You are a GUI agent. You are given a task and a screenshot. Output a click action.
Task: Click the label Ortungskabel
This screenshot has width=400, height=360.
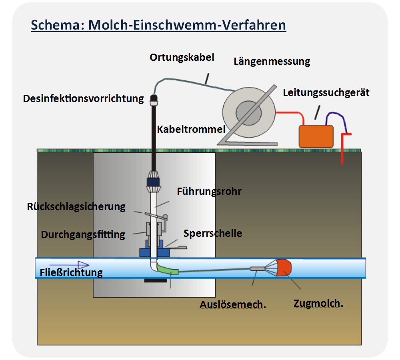(182, 58)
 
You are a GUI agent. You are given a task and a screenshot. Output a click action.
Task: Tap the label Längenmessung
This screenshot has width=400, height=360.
(272, 62)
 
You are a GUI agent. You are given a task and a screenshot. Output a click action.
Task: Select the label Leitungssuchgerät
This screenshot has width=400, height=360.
(326, 93)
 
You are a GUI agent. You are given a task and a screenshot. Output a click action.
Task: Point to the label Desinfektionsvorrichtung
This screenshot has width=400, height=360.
(83, 98)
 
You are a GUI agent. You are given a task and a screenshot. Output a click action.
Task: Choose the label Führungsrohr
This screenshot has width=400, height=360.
(209, 192)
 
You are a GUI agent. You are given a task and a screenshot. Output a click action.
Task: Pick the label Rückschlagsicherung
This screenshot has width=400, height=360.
(76, 207)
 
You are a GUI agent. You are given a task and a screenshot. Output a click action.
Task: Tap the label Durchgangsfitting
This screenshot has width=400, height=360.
(83, 235)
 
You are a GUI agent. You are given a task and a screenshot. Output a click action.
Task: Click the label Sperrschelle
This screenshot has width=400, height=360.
(213, 233)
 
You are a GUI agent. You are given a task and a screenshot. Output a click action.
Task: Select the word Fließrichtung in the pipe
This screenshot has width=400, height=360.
(71, 273)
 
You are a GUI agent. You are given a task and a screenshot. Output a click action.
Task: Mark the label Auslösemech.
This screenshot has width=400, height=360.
(233, 305)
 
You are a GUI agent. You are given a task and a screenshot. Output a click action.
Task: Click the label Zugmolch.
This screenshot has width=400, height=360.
(318, 304)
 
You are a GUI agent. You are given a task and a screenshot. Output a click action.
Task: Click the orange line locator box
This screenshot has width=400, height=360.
(316, 136)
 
